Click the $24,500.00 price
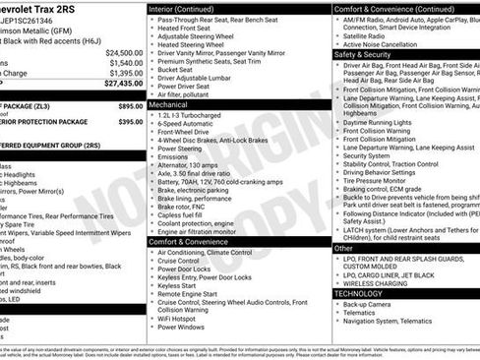coord(124,52)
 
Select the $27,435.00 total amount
coord(124,85)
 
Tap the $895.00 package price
coord(130,105)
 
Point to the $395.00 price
coord(130,122)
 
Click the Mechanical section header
coord(168,102)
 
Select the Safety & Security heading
coord(363,55)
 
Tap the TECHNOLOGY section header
coord(358,293)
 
